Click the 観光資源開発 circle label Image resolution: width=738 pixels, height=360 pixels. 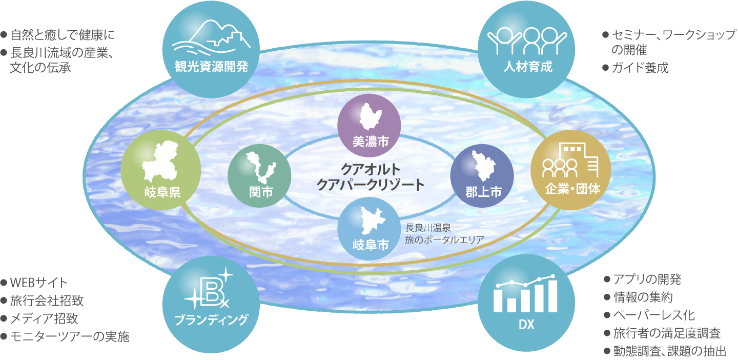pyautogui.click(x=211, y=67)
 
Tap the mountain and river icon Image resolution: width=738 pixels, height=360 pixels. pyautogui.click(x=211, y=38)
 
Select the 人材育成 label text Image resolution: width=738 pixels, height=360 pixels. pyautogui.click(x=528, y=67)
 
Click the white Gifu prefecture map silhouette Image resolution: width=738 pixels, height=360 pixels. pyautogui.click(x=160, y=161)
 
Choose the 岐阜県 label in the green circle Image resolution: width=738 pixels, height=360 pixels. pyautogui.click(x=162, y=192)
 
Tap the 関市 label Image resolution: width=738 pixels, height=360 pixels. pyautogui.click(x=261, y=192)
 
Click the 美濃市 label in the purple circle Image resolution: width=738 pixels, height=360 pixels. pyautogui.click(x=371, y=142)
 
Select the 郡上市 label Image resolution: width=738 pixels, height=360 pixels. pyautogui.click(x=483, y=192)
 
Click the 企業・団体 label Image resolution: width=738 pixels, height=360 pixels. pyautogui.click(x=572, y=189)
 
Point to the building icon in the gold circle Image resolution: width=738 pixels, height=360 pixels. pyautogui.click(x=570, y=160)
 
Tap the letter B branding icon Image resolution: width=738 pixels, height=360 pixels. pyautogui.click(x=210, y=289)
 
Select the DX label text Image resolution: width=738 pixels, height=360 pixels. pyautogui.click(x=526, y=325)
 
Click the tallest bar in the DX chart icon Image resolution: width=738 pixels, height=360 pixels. pyautogui.click(x=553, y=296)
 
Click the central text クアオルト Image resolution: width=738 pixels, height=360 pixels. pyautogui.click(x=371, y=169)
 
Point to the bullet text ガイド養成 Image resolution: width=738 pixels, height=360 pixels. pyautogui.click(x=640, y=68)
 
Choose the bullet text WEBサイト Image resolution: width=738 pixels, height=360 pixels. pyautogui.click(x=39, y=283)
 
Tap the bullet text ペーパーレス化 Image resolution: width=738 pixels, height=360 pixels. pyautogui.click(x=653, y=315)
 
